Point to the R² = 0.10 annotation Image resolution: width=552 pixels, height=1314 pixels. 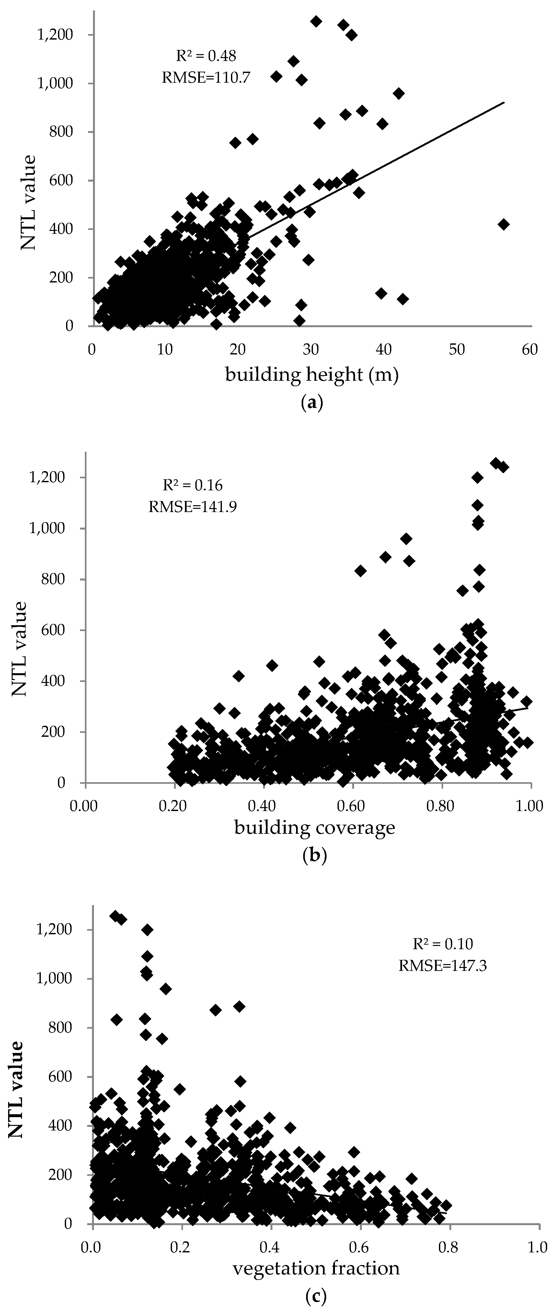[443, 944]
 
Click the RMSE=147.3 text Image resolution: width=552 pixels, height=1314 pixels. [443, 966]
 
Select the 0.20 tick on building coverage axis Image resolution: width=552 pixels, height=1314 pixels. [174, 800]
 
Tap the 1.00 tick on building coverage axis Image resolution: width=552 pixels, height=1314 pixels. [530, 800]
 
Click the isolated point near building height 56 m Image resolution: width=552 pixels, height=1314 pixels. [504, 224]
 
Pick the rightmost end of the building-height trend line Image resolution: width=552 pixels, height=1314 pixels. [504, 102]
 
